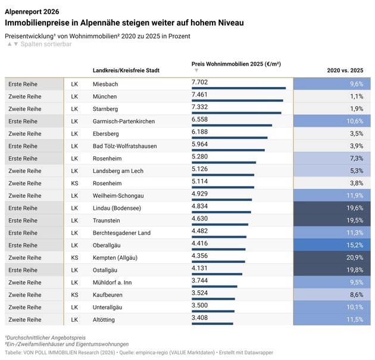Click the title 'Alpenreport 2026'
point(32,11)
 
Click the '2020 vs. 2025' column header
point(345,70)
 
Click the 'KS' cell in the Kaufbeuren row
point(74,295)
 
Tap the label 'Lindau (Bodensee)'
point(117,208)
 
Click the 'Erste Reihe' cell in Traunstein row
point(24,221)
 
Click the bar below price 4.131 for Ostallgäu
point(217,274)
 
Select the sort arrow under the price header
point(196,70)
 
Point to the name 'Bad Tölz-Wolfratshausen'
point(124,146)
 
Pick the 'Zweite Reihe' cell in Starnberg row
point(25,108)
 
